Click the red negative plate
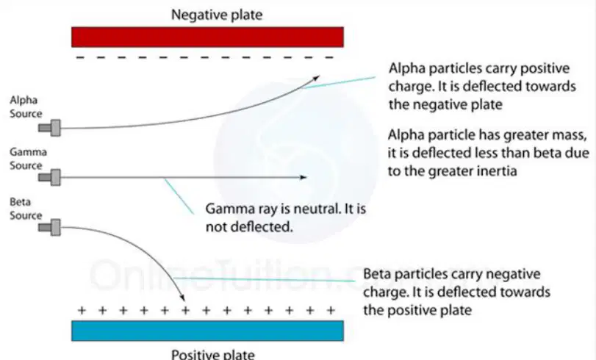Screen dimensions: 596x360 [x=207, y=37]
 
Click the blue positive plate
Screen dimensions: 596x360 [x=207, y=331]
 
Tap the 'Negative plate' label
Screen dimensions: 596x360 [x=217, y=15]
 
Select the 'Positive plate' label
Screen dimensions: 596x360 [x=213, y=354]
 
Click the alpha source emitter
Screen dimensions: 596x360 [x=49, y=128]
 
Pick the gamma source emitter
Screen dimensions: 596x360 [x=49, y=177]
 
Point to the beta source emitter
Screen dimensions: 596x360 [x=49, y=227]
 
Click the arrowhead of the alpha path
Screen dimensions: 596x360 [x=316, y=78]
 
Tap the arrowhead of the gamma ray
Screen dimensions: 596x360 [x=304, y=177]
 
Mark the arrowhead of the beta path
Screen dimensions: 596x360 [x=182, y=298]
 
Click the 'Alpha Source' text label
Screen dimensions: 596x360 [x=26, y=107]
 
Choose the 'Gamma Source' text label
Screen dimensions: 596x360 [x=28, y=159]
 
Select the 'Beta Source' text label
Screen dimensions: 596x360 [x=26, y=209]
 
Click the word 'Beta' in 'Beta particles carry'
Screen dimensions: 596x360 [x=378, y=274]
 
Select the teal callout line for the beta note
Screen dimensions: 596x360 [x=264, y=279]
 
